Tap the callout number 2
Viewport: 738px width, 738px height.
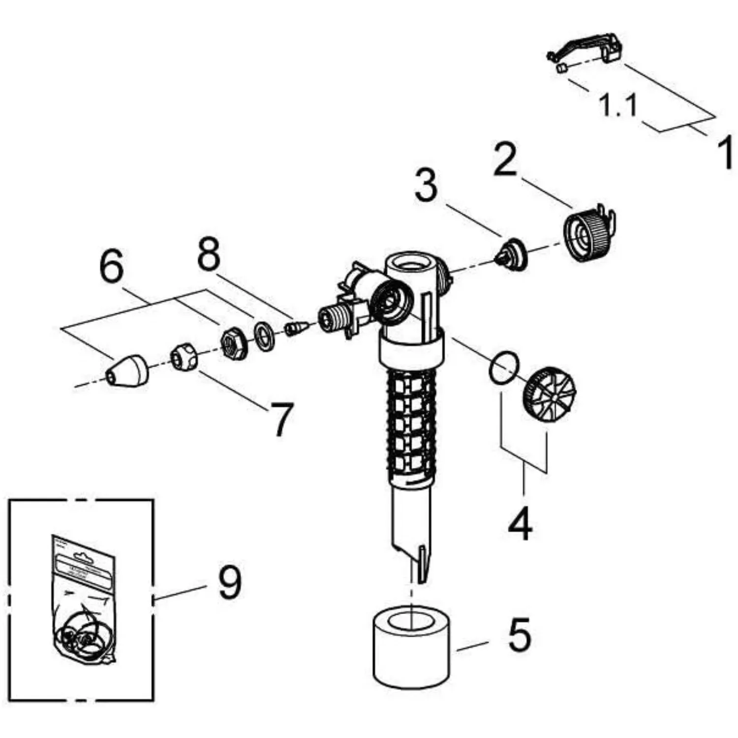point(505,159)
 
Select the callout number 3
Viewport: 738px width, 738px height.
point(426,185)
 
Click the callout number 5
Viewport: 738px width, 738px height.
point(520,635)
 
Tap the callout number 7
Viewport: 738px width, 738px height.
point(281,419)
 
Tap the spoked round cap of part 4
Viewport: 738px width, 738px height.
point(549,394)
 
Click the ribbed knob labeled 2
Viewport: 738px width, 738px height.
point(588,234)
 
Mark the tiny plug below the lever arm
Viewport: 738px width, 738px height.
point(562,68)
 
